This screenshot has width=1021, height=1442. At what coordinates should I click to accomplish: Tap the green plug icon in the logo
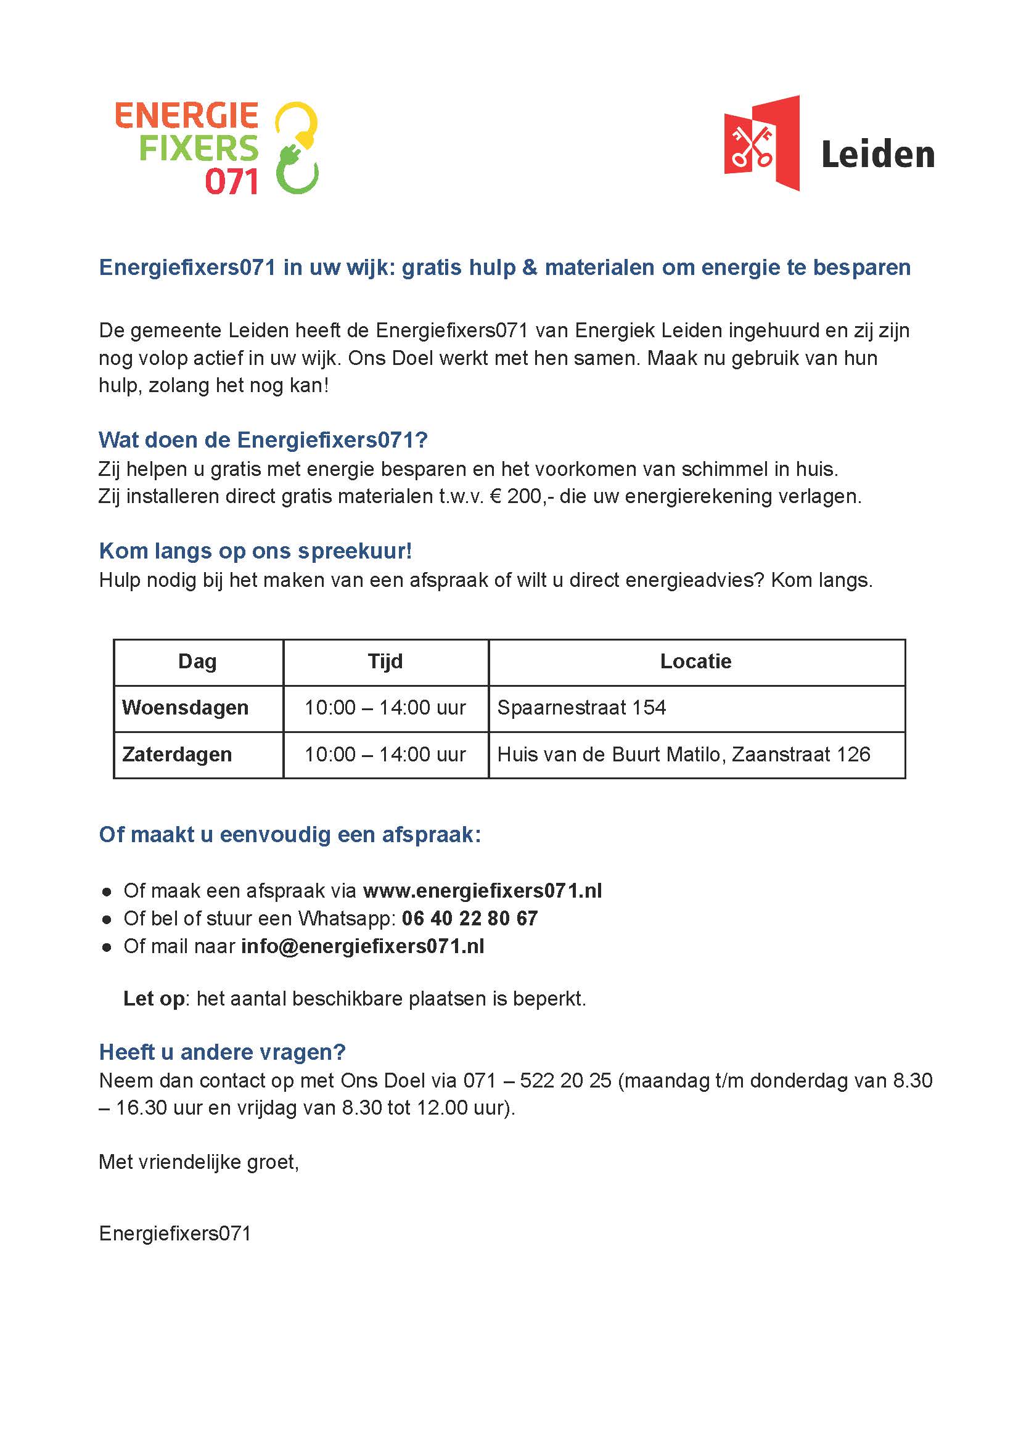(x=297, y=171)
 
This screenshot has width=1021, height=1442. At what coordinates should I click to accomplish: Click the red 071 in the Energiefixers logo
(x=231, y=182)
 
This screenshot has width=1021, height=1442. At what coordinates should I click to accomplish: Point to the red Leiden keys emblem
(x=761, y=143)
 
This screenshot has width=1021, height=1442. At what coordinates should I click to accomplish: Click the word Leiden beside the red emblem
(x=878, y=155)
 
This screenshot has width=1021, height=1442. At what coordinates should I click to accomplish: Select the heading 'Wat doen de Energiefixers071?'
(x=263, y=440)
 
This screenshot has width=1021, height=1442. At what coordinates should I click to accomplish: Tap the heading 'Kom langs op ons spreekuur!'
(x=255, y=551)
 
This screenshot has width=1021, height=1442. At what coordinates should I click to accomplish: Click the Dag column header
(x=197, y=662)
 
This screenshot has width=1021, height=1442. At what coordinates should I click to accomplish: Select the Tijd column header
(x=385, y=662)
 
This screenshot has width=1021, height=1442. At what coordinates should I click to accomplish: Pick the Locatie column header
(x=695, y=662)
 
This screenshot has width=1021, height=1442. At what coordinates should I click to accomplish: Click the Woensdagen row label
(x=186, y=708)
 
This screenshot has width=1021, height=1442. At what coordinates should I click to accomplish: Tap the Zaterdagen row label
(x=178, y=755)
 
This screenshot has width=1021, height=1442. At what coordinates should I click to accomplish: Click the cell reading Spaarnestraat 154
(x=581, y=708)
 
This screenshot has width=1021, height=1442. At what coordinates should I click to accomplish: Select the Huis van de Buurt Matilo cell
(x=683, y=755)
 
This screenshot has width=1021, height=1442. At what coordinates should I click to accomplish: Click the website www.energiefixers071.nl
(x=482, y=891)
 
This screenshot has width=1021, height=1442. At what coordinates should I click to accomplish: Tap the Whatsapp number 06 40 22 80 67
(x=470, y=919)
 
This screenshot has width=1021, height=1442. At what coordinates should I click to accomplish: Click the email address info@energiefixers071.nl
(x=363, y=946)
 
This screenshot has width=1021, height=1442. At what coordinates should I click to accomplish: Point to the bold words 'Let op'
(x=154, y=999)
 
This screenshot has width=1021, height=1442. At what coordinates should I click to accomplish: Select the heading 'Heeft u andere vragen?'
(x=223, y=1052)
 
